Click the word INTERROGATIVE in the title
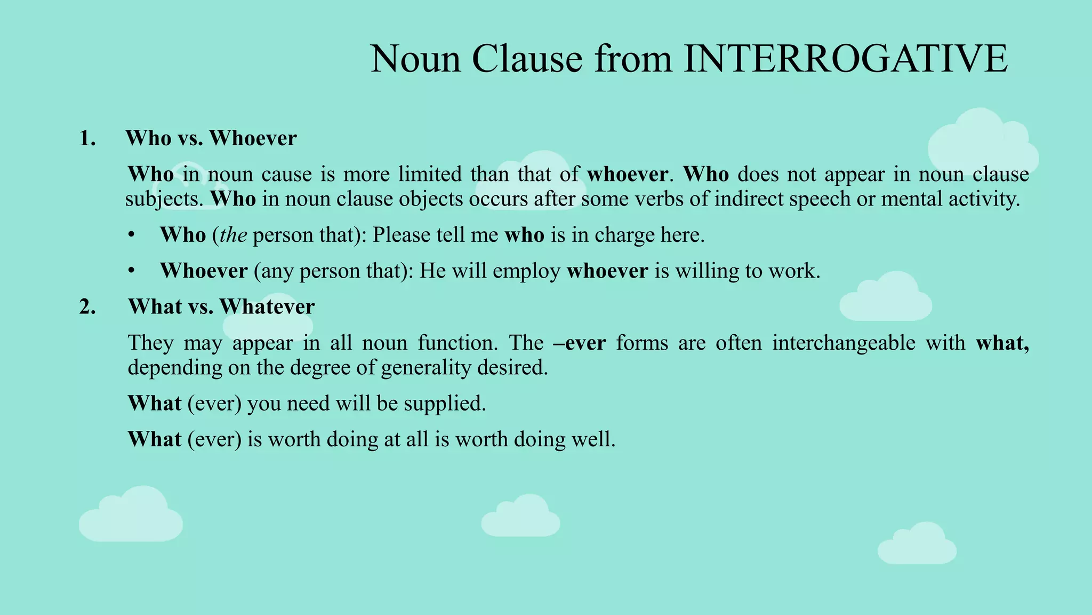click(x=846, y=59)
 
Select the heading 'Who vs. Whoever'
click(x=211, y=138)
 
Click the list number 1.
click(x=87, y=138)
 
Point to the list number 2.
click(x=87, y=307)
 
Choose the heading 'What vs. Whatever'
click(x=221, y=307)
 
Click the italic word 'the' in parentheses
click(x=233, y=235)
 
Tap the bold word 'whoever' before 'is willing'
click(x=607, y=271)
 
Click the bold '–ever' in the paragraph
click(x=580, y=343)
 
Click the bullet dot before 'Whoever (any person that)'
click(x=132, y=271)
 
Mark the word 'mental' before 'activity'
click(x=910, y=199)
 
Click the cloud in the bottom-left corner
click(x=131, y=515)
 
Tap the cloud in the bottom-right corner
click(x=917, y=544)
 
